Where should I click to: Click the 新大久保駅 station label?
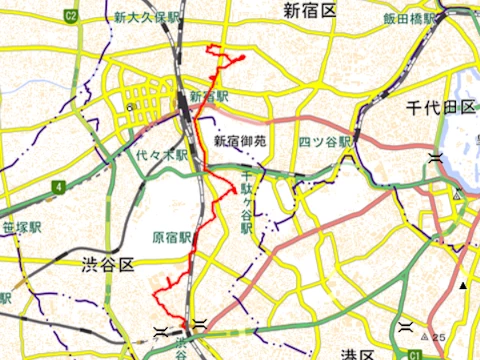(x=146, y=18)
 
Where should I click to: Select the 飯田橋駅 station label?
(x=410, y=19)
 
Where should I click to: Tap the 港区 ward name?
(x=355, y=354)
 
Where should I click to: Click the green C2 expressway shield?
(x=71, y=16)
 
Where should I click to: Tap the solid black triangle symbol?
(x=464, y=287)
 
